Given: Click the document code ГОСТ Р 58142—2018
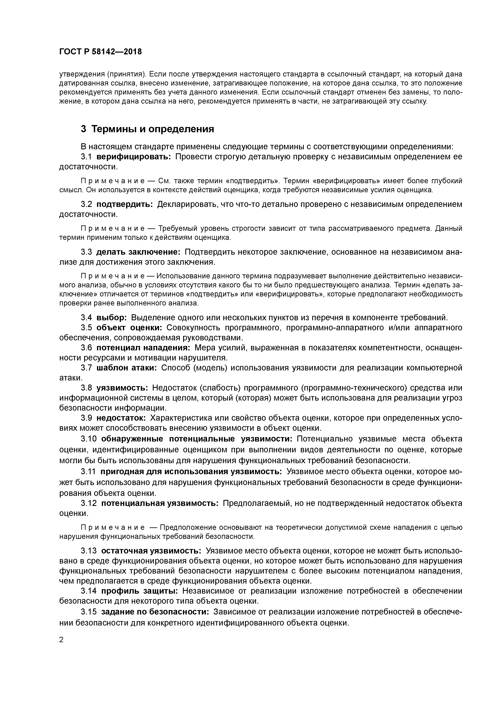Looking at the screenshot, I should pos(100,52).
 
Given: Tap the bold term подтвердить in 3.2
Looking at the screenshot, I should pos(124,204).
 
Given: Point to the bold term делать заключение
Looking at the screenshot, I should pos(138,252).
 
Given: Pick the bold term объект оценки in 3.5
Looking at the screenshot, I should pos(129,328).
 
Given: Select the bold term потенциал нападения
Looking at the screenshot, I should pos(143,348).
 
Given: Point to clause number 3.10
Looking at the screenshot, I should pos(89,439).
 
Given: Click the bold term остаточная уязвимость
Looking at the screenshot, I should pos(151,551).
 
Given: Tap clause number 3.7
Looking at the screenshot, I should pos(86,368).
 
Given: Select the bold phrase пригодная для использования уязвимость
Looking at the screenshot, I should pos(191,471).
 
